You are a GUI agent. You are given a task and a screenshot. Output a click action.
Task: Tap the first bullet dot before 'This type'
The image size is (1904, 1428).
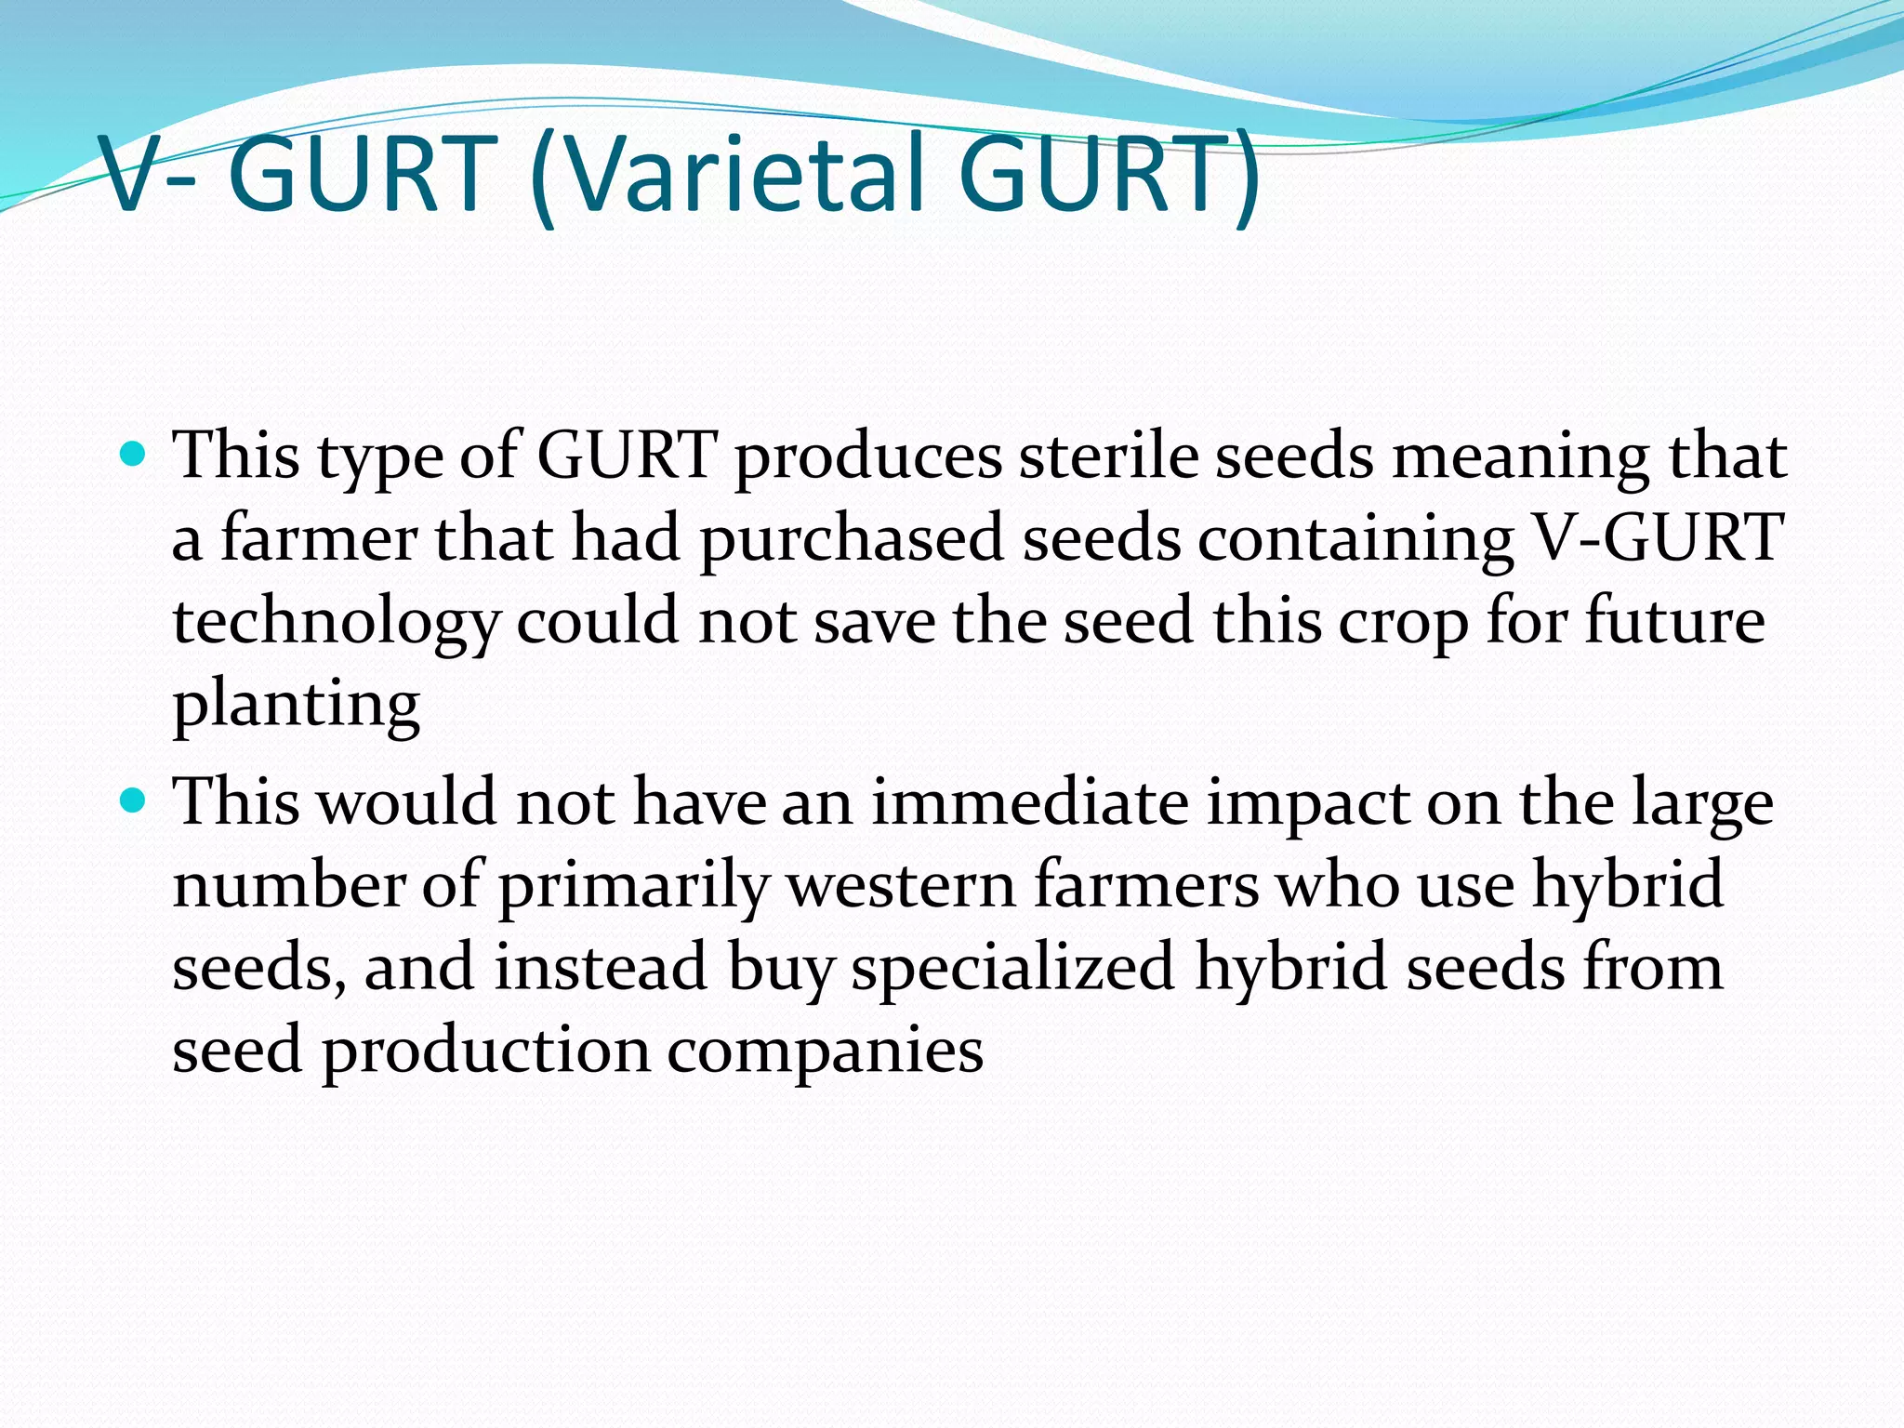135,455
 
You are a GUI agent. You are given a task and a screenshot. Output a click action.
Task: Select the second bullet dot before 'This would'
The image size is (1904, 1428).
135,800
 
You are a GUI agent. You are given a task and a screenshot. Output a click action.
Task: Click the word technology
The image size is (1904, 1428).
336,623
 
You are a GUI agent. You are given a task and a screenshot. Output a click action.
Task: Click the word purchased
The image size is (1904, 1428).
852,539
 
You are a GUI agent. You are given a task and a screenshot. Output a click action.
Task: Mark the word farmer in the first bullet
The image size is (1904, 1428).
319,539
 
